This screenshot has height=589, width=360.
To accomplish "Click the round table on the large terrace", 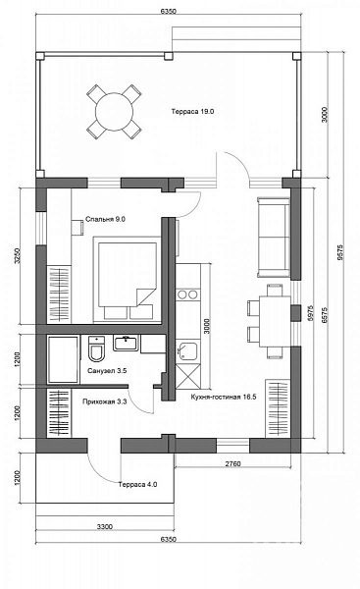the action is click(114, 112).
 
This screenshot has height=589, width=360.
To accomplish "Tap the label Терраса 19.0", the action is click(192, 111).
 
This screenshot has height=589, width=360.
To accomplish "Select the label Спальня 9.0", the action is click(105, 219).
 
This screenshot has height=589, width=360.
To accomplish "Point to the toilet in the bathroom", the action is click(97, 348).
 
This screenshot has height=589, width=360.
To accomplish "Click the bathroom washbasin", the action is click(126, 343).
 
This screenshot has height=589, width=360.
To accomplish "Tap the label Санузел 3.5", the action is click(107, 371).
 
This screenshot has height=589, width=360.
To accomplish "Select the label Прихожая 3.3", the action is click(104, 402).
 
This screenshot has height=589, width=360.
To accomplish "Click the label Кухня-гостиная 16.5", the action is click(224, 397).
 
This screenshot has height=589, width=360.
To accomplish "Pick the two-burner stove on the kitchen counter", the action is click(187, 294).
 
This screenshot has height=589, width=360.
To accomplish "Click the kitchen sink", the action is click(187, 350).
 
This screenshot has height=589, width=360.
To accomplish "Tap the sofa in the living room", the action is click(274, 238).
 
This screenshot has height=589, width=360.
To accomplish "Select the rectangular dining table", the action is click(275, 321).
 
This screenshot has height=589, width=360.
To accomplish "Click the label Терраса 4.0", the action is click(137, 485).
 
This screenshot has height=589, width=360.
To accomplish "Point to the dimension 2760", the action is click(232, 464).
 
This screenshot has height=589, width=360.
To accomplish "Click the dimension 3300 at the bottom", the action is click(105, 526).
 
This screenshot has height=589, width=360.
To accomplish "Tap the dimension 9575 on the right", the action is click(339, 252).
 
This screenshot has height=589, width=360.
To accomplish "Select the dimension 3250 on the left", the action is click(17, 255).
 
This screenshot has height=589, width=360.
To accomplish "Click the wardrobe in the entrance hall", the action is click(59, 413).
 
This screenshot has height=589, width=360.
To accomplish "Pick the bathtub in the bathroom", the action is click(64, 359).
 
